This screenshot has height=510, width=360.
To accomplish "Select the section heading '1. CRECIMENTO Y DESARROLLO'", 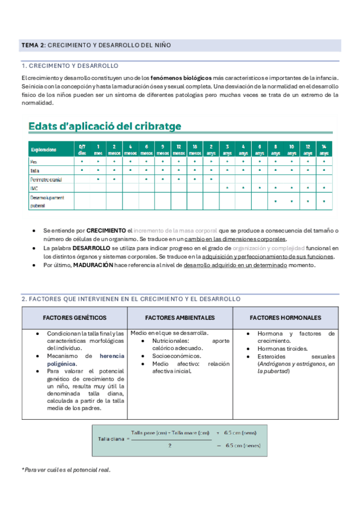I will point(70,66).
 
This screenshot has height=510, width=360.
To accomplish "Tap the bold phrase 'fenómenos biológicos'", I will point(181,78).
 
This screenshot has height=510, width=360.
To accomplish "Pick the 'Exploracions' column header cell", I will point(43,149).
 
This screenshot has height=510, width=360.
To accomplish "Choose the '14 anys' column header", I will point(324,149).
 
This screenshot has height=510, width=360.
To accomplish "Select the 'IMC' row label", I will point(34,188).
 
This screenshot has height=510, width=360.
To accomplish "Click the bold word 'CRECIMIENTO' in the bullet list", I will point(106,230).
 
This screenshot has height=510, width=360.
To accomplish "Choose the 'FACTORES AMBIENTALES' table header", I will point(180,318).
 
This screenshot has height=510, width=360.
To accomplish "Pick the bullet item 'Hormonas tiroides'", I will point(282,348).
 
